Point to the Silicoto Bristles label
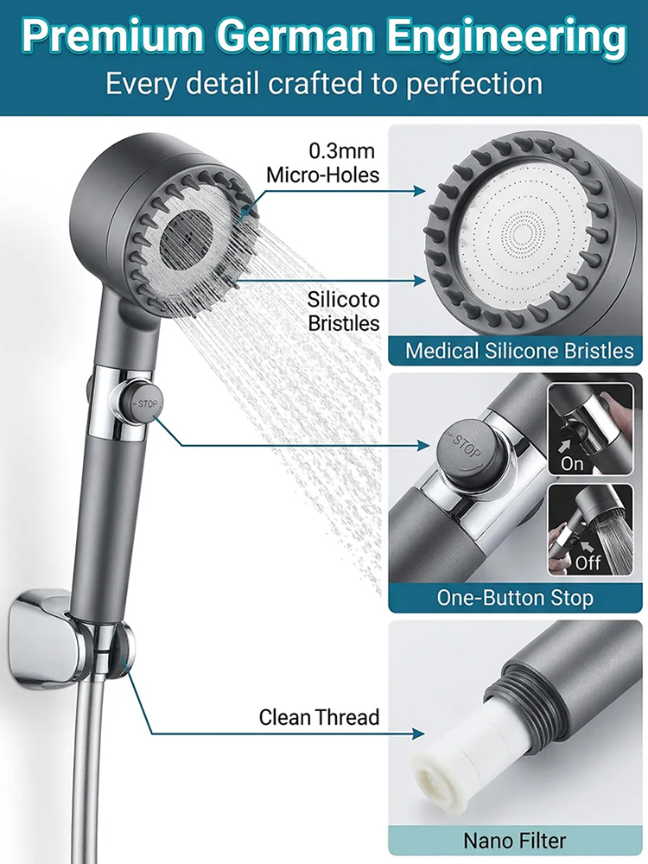[x=344, y=311]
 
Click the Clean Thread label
[x=319, y=717]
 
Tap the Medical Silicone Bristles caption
[x=518, y=351]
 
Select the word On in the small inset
[x=572, y=463]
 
